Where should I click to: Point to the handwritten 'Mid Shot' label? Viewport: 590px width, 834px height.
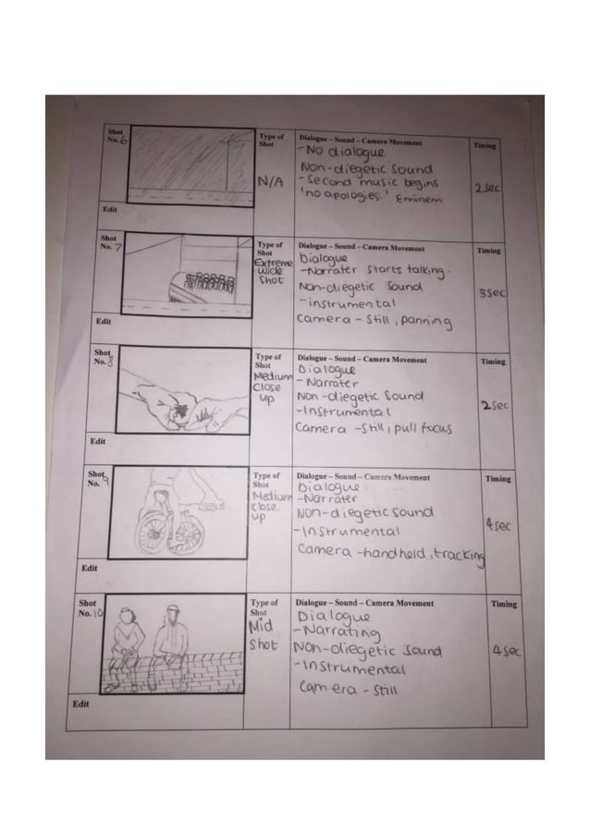click(266, 635)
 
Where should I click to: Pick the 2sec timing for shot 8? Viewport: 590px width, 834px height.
click(490, 407)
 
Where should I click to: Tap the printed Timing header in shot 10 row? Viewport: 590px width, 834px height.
click(504, 603)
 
